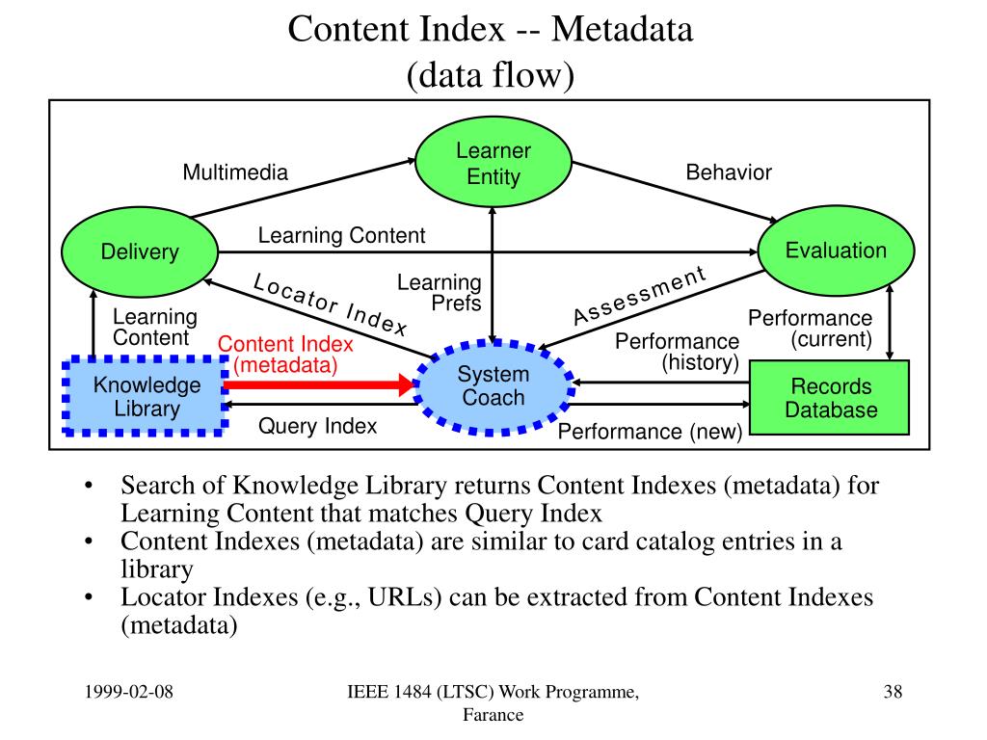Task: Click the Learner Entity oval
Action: point(493,164)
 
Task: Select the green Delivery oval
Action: point(141,252)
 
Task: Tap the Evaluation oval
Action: point(836,251)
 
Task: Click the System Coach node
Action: point(493,386)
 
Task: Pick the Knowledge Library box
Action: point(147,397)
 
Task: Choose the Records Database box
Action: point(830,398)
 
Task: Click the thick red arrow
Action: point(319,385)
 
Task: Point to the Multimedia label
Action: point(235,172)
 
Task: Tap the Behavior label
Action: point(729,172)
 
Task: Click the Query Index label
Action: point(317,426)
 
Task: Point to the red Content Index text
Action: point(285,345)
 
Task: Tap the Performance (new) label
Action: point(650,433)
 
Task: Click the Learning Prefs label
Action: point(440,293)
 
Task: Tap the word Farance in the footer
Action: point(493,715)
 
